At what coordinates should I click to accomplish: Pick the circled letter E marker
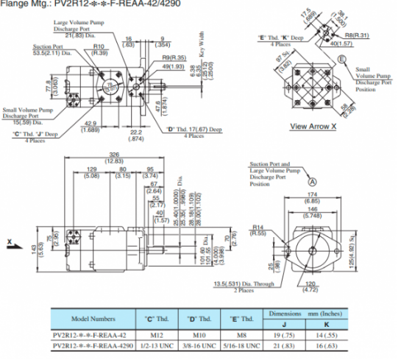343,68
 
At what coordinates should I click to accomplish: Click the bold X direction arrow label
10,241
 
